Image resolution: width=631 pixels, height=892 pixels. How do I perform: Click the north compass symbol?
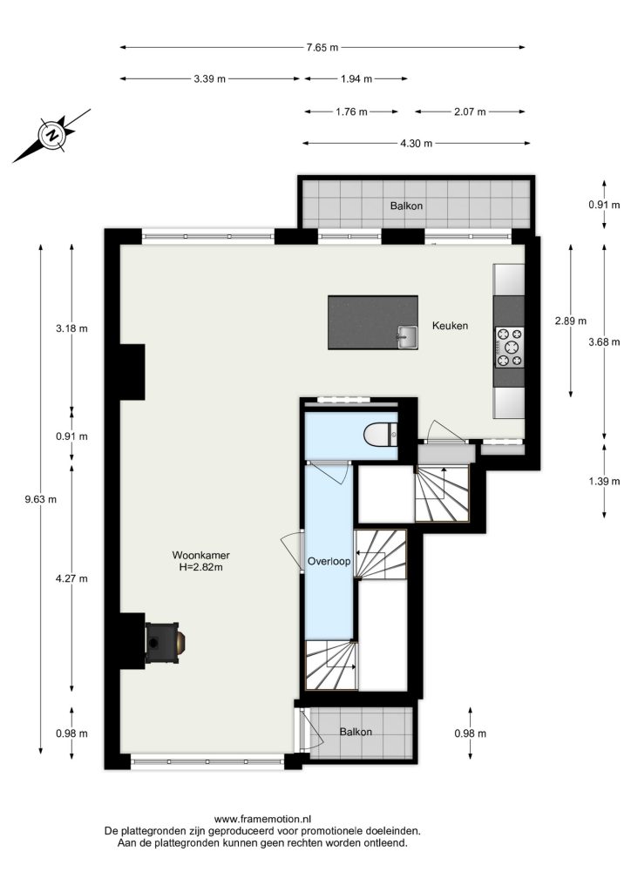pos(51,135)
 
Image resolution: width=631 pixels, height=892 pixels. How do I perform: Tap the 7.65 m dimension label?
pos(322,48)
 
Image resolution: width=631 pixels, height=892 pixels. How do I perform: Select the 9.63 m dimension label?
pos(40,499)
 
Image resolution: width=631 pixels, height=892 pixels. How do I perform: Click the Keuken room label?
pos(450,326)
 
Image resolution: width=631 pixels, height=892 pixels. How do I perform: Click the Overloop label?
pos(329,562)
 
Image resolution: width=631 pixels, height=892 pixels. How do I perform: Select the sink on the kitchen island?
pos(407,336)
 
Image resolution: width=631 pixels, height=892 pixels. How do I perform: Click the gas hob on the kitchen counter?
pos(509,347)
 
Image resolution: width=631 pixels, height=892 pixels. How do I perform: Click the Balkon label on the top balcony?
pos(406,206)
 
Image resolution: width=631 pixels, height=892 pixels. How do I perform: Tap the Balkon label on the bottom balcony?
pos(356,732)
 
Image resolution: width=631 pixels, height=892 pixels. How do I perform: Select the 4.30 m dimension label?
pos(416,144)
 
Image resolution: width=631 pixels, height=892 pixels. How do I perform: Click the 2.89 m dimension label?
pos(571,321)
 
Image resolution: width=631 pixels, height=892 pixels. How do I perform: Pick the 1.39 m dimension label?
pos(604,481)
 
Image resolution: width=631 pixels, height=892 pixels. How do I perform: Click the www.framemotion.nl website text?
pos(263,819)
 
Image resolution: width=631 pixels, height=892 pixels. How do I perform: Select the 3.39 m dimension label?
pos(209,79)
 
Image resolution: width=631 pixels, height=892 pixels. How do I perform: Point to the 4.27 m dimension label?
pos(71,579)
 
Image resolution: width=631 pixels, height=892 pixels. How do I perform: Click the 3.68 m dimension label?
pos(604,341)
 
